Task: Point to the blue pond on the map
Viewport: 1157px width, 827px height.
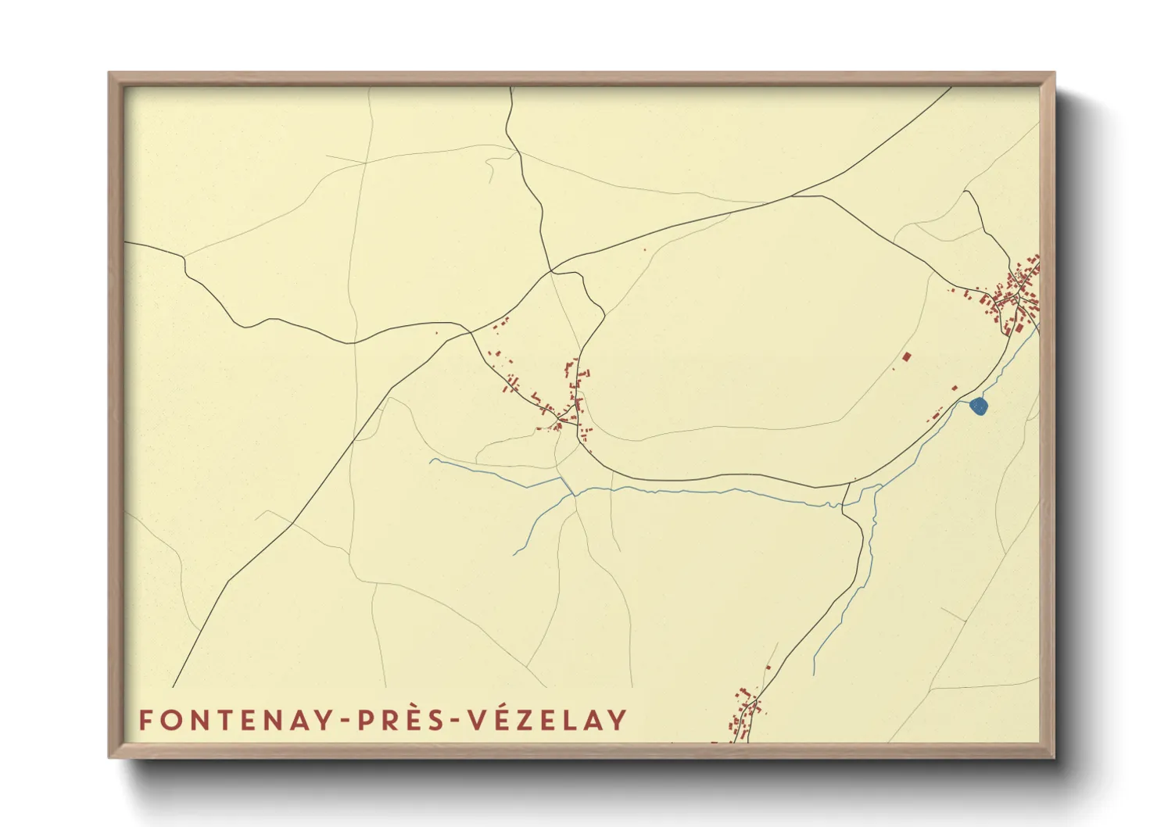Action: pos(979,406)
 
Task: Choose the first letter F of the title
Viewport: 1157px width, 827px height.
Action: pos(145,720)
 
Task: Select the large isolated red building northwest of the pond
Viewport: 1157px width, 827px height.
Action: pos(907,357)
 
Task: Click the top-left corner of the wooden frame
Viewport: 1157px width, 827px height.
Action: pos(110,74)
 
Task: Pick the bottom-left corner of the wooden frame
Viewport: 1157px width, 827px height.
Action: pos(110,756)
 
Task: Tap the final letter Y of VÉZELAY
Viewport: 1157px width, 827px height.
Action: pos(618,720)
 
